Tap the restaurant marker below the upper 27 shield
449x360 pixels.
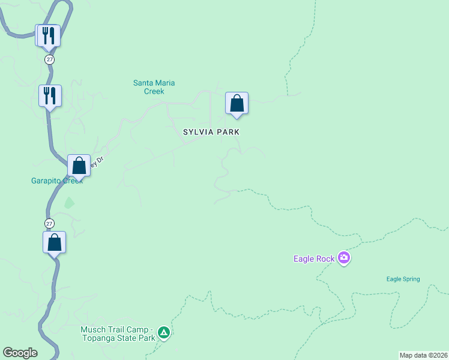pyautogui.click(x=50, y=95)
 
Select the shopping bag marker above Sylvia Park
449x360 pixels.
pyautogui.click(x=237, y=103)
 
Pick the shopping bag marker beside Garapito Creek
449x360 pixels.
pyautogui.click(x=79, y=165)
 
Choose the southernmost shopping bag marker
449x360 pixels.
pyautogui.click(x=54, y=242)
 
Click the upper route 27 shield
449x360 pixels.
pyautogui.click(x=49, y=59)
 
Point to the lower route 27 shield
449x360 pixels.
pyautogui.click(x=49, y=223)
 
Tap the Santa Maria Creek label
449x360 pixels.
pyautogui.click(x=154, y=87)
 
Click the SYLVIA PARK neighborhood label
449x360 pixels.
pyautogui.click(x=211, y=132)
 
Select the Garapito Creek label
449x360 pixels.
pyautogui.click(x=56, y=181)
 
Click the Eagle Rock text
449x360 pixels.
pyautogui.click(x=313, y=259)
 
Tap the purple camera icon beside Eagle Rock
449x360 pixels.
pyautogui.click(x=344, y=258)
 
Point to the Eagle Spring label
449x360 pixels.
pyautogui.click(x=403, y=279)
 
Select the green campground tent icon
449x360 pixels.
pyautogui.click(x=163, y=332)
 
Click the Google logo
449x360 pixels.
pyautogui.click(x=20, y=353)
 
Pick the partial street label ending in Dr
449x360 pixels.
pyautogui.click(x=97, y=161)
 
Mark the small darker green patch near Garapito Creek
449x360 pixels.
pyautogui.click(x=69, y=203)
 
